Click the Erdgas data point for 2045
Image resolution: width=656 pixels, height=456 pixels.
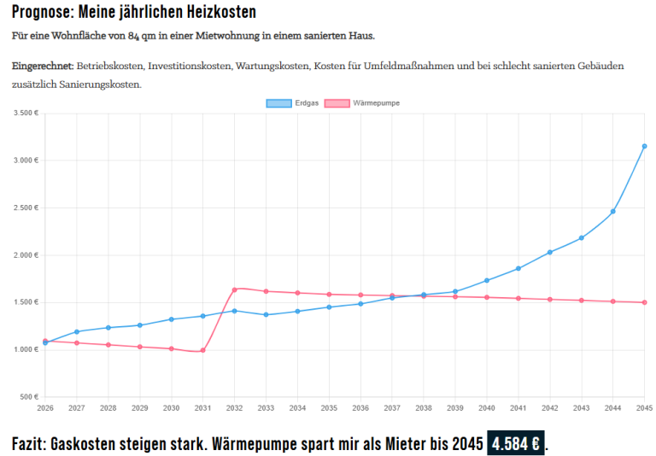[644, 146]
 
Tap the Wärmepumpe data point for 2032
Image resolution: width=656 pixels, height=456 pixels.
[234, 289]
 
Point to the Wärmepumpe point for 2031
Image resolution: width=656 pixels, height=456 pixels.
[202, 350]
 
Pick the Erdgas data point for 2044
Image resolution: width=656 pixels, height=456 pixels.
[612, 211]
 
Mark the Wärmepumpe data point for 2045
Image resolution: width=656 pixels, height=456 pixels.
[644, 302]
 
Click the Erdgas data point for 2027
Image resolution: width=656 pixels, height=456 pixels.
[77, 331]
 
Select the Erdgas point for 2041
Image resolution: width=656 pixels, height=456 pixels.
[518, 268]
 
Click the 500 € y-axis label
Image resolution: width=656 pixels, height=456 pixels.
[30, 396]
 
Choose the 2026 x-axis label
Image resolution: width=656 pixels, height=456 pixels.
[45, 408]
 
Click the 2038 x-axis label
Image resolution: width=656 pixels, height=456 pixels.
[424, 408]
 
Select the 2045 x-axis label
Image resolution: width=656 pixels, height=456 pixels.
[643, 408]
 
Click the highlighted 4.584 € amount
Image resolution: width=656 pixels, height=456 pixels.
[515, 444]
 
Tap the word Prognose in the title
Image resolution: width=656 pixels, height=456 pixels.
[42, 13]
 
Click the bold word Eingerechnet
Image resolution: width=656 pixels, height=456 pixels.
[42, 66]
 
